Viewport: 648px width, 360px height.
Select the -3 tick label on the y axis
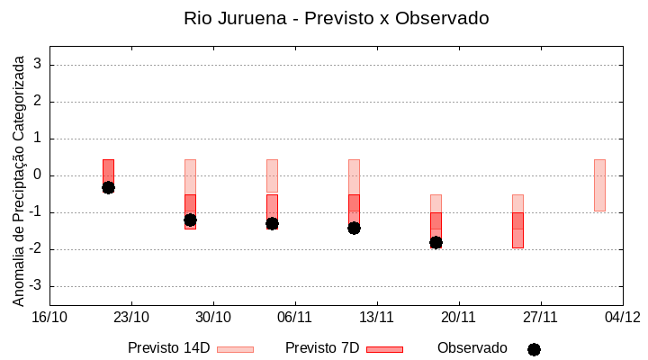pos(36,286)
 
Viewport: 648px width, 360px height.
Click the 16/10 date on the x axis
pos(49,317)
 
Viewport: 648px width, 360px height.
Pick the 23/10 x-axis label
pos(131,317)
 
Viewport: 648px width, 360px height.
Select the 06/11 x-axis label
pos(295,317)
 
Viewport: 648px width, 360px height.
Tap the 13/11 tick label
pos(377,317)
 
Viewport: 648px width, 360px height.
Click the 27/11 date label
pos(541,317)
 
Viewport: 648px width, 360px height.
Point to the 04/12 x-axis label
pos(622,317)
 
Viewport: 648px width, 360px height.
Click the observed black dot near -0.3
pos(108,187)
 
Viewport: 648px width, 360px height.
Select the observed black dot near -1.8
pos(436,242)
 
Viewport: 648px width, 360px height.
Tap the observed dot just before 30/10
pos(190,220)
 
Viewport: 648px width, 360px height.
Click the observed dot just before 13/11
pos(354,228)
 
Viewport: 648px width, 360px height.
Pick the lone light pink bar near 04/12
pos(599,184)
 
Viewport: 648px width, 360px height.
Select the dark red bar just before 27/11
pos(517,229)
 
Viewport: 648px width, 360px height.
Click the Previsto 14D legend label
pos(168,348)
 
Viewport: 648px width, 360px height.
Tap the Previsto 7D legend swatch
pos(384,349)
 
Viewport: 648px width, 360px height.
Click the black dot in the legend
pos(534,349)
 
